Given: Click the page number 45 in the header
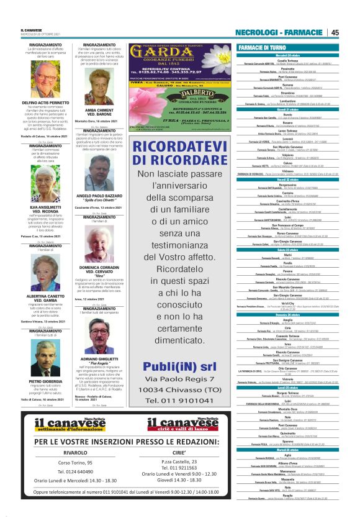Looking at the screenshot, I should [335, 32].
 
